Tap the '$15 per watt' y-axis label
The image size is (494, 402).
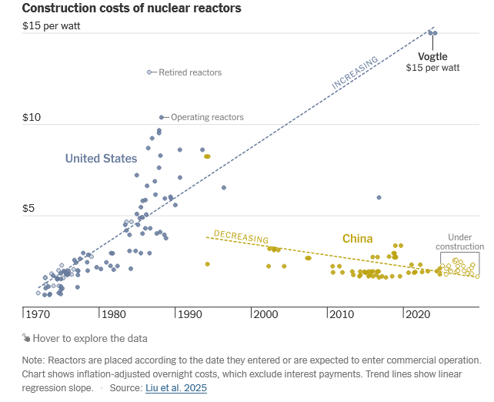(x=51, y=25)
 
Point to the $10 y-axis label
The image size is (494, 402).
(x=33, y=118)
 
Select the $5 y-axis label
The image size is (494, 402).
(x=31, y=209)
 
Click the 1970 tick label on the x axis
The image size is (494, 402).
(x=36, y=314)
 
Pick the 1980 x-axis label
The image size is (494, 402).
(x=113, y=314)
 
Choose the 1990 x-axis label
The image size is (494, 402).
(x=189, y=314)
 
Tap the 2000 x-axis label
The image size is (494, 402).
(x=265, y=314)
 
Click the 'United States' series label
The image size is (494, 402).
(x=101, y=159)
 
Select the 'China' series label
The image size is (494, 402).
(x=358, y=239)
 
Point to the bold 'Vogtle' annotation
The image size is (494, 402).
(x=432, y=57)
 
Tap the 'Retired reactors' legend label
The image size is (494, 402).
(x=190, y=72)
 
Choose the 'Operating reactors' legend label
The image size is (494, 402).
(x=207, y=117)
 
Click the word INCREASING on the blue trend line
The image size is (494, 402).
(x=355, y=72)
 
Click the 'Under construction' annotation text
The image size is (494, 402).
(x=460, y=242)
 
